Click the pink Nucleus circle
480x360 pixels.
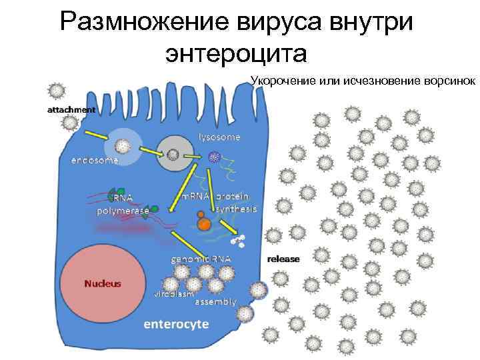(103, 283)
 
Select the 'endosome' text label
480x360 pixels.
(95, 161)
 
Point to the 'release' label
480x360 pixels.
(283, 259)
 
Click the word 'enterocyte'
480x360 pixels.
(177, 324)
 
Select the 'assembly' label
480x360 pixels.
(215, 301)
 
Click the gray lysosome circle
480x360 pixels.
(173, 155)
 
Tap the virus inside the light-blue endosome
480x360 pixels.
(123, 146)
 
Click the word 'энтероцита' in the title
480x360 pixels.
(237, 53)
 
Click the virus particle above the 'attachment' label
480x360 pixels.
(57, 91)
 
